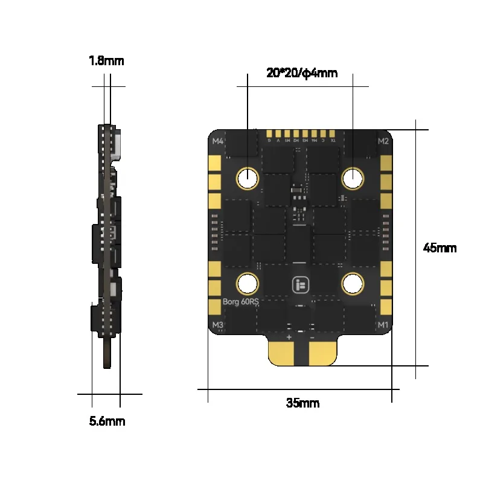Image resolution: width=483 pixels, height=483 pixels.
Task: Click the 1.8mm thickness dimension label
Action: coord(106,60)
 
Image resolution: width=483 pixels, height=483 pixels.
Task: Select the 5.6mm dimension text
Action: coord(107,421)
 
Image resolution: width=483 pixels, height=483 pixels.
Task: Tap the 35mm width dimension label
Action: coord(302,403)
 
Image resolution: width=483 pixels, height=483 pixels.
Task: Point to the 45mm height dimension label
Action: coord(440,248)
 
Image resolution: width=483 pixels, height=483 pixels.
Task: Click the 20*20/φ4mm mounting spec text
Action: coord(302,74)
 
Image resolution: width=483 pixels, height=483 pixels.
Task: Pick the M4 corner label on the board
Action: coord(218,142)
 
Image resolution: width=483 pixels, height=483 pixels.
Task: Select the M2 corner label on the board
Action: coord(383,142)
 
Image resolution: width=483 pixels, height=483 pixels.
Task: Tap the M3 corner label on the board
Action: coord(218,325)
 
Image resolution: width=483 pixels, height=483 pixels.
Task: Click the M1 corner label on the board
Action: coord(383,325)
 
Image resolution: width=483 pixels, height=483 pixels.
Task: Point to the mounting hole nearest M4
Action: coord(248,178)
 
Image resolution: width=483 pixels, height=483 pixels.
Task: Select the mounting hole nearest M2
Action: coord(353,178)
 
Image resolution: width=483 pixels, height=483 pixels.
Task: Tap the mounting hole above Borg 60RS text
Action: coord(248,283)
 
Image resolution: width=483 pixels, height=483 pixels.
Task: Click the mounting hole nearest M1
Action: coord(353,283)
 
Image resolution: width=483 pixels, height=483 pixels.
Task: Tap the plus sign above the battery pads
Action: coord(289,336)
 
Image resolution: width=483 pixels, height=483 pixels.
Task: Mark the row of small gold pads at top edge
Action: coord(301,133)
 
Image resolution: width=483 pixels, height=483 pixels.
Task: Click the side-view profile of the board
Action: coord(107,241)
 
